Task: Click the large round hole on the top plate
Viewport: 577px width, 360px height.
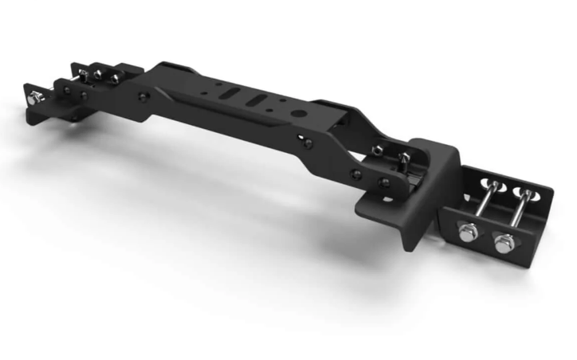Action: coord(300,114)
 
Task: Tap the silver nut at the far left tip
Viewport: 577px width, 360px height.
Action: coord(34,100)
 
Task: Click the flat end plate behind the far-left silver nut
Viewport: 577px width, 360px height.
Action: coord(40,112)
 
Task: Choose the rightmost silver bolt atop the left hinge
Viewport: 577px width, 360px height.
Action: coord(116,77)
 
